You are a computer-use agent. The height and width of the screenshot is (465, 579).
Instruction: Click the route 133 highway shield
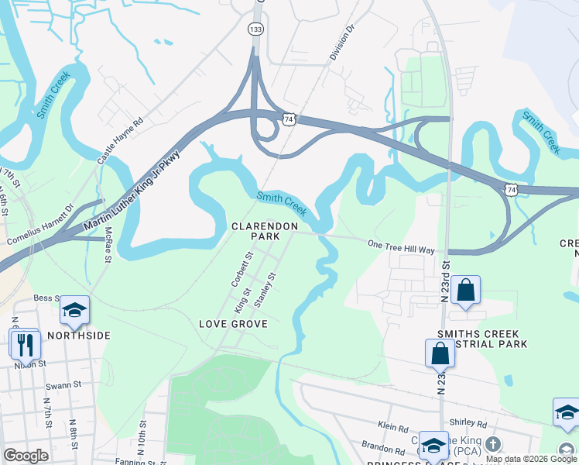(x=255, y=29)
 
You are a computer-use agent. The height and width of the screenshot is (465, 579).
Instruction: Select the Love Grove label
(x=233, y=323)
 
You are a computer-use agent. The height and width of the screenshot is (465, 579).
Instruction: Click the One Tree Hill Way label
(x=401, y=246)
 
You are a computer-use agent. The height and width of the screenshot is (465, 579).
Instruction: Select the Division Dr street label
(x=341, y=43)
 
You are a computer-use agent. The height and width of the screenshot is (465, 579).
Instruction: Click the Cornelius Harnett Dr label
(x=40, y=225)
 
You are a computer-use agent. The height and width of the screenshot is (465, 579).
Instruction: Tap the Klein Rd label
(x=393, y=426)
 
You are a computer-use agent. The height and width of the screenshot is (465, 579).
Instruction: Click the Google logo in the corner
(x=26, y=456)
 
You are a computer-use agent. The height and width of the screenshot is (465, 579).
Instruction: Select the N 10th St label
(x=142, y=437)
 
